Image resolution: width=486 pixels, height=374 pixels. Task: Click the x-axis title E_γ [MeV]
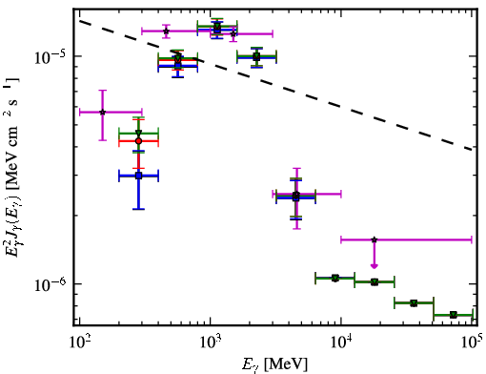click(274, 364)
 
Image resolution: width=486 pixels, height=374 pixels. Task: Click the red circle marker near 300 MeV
click(138, 141)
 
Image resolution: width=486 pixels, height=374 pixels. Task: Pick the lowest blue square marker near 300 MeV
click(138, 176)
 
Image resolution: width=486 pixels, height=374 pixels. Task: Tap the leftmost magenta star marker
click(102, 112)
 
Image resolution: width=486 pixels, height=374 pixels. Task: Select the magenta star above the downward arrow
click(375, 239)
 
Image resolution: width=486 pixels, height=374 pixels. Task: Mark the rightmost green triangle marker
click(454, 315)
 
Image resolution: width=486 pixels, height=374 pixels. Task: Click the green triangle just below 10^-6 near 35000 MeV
click(414, 303)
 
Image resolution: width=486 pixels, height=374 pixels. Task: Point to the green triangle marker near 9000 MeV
click(335, 278)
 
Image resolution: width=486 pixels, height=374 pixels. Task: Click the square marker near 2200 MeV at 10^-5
click(256, 57)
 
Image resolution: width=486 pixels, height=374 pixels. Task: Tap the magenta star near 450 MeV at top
click(166, 31)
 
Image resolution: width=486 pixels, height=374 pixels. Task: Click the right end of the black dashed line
click(472, 149)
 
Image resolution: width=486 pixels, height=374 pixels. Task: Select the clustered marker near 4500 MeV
click(296, 197)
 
